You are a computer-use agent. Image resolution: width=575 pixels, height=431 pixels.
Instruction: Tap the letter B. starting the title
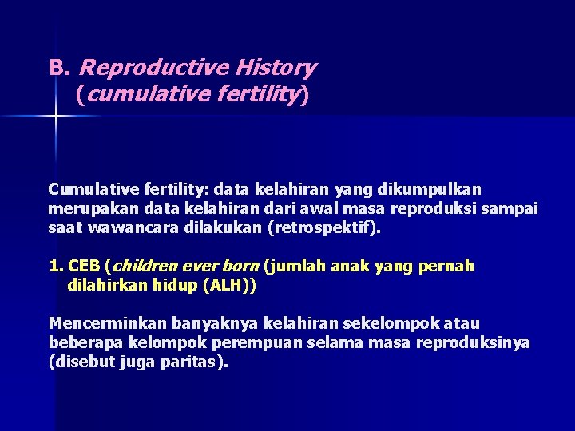pyautogui.click(x=60, y=68)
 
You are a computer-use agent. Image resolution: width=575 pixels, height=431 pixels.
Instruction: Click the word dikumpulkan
pyautogui.click(x=436, y=190)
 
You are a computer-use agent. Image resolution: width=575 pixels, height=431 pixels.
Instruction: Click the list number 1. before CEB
pyautogui.click(x=56, y=266)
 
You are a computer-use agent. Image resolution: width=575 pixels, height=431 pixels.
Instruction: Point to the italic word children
pyautogui.click(x=144, y=266)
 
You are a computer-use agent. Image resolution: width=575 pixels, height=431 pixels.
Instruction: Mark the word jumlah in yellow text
pyautogui.click(x=295, y=266)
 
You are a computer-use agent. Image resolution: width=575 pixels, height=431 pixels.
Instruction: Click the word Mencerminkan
pyautogui.click(x=95, y=324)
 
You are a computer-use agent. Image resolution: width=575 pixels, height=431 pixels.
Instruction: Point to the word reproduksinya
pyautogui.click(x=478, y=342)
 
